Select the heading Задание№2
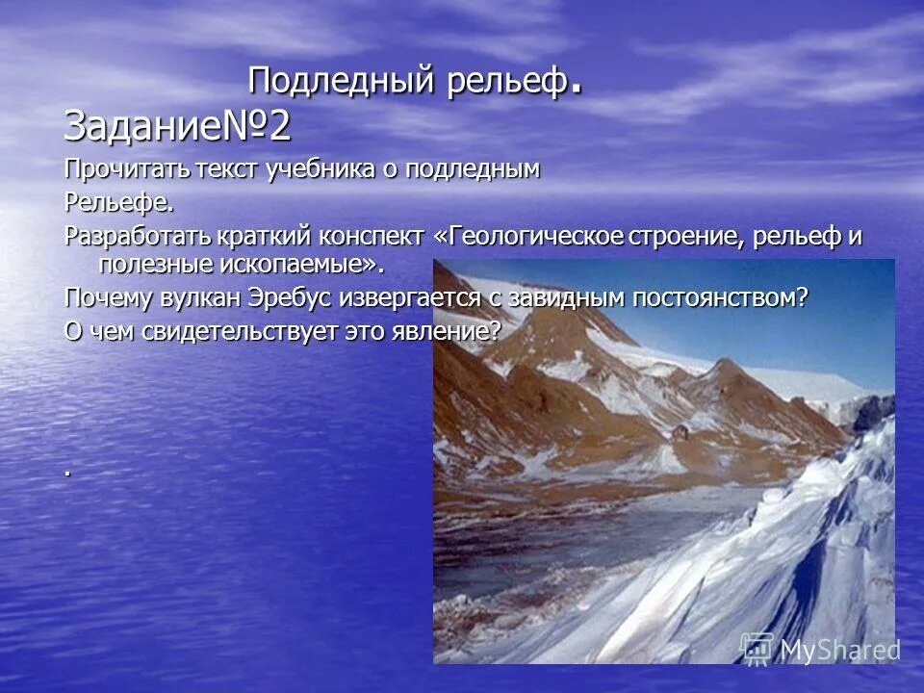177,126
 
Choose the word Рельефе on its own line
118,203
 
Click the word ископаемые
302,263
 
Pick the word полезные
155,263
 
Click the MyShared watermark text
838,650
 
